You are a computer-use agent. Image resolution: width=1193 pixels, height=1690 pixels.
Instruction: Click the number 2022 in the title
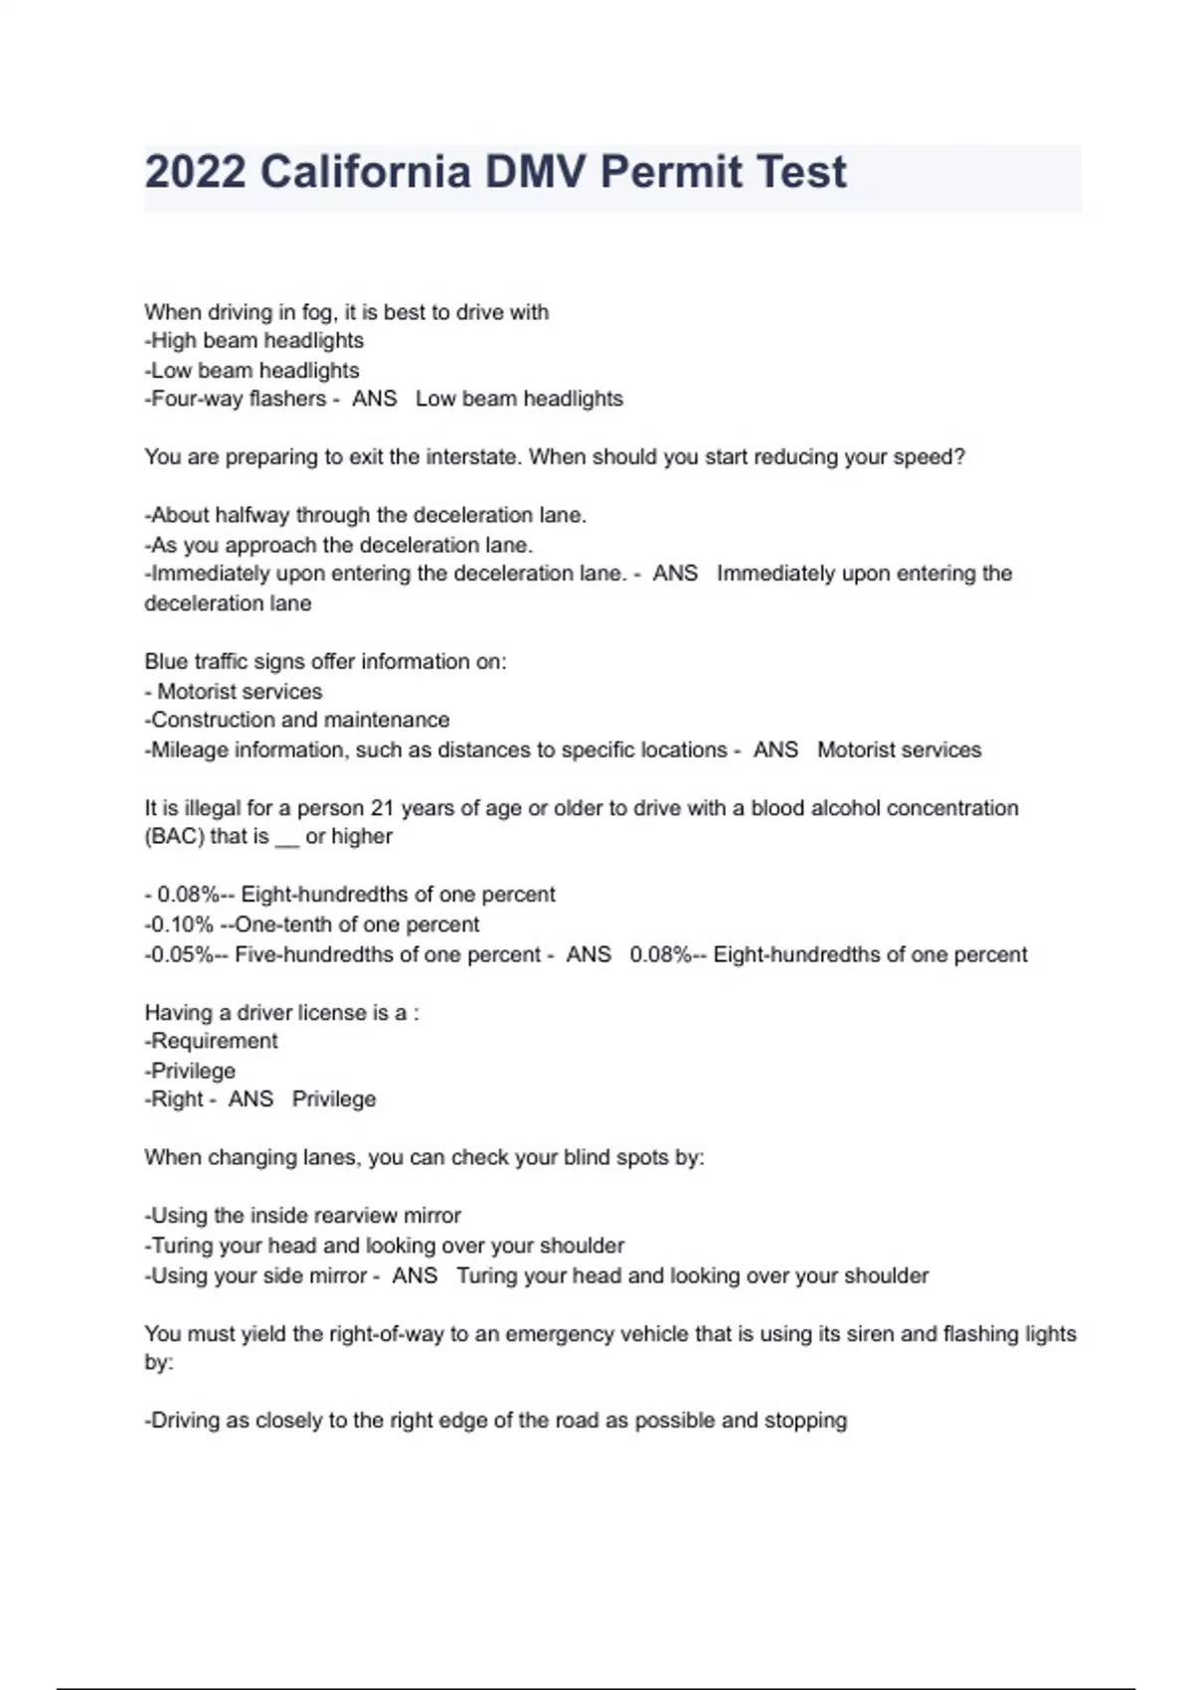coord(196,172)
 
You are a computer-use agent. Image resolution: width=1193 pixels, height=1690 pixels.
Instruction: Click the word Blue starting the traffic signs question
coord(166,661)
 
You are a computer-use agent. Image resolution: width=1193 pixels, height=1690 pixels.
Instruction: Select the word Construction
coord(211,720)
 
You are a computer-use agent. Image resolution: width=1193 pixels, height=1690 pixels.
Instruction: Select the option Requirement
coord(214,1041)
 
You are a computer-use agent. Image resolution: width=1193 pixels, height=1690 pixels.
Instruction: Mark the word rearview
coord(361,1216)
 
